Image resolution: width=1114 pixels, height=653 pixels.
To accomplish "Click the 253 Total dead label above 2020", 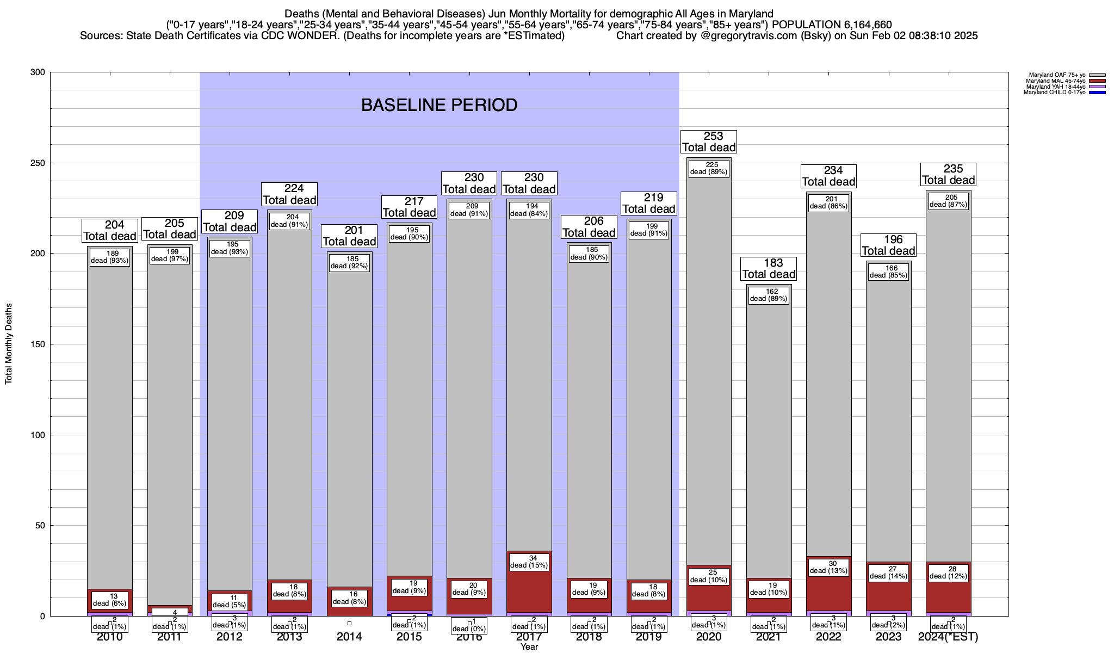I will pos(709,141).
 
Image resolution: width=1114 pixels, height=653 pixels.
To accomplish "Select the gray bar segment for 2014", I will pos(349,424).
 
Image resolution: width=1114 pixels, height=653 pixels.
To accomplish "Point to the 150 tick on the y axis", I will pos(40,344).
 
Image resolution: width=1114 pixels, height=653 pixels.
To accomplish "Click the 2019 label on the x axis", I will pos(649,637).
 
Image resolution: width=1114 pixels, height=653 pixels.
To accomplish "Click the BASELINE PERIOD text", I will pos(439,105).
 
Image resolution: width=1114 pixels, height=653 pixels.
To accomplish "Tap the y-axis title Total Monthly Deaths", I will pos(9,344).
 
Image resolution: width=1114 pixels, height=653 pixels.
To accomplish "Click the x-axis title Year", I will pos(529,646).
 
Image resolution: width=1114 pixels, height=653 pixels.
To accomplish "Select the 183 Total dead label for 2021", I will pos(769,269).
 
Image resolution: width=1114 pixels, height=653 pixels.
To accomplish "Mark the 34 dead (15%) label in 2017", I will pos(529,562).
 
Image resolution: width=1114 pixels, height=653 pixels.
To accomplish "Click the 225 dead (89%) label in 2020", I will pos(709,168).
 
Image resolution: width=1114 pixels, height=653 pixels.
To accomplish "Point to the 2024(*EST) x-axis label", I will pos(948,637).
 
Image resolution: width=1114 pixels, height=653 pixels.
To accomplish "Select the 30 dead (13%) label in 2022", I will pos(828,567).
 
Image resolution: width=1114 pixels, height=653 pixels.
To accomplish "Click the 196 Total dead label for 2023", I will pos(888,245).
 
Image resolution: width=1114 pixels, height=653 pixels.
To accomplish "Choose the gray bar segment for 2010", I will pos(110,424).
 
